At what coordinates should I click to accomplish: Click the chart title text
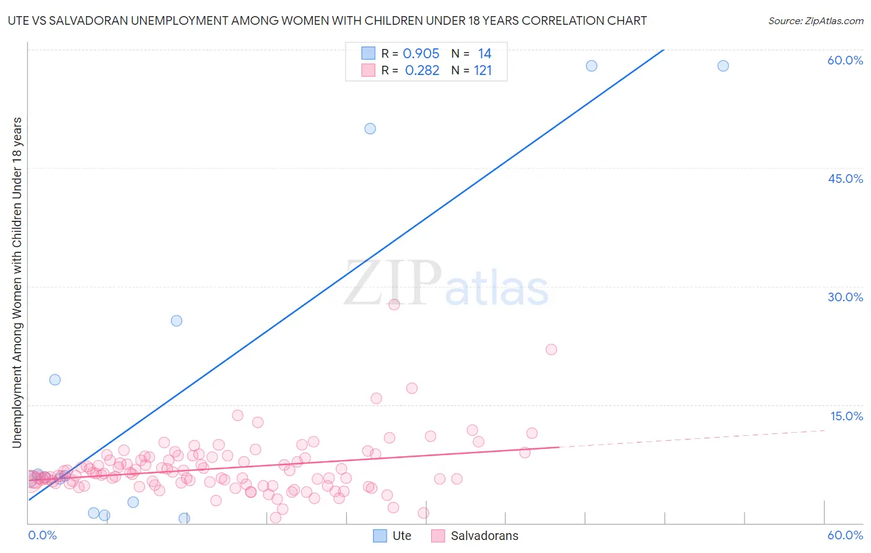[x=327, y=20]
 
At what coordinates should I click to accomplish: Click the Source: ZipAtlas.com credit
[x=815, y=20]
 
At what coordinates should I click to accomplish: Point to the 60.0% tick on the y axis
[x=845, y=60]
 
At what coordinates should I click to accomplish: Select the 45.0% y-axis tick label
[x=845, y=179]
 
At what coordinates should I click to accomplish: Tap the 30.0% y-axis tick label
[x=845, y=297]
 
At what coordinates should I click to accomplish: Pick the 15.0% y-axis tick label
[x=846, y=416]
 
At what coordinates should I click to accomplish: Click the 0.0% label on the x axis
[x=42, y=535]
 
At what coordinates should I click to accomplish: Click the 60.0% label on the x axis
[x=845, y=535]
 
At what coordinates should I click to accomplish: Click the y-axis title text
[x=17, y=282]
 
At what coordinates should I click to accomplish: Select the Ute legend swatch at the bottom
[x=380, y=536]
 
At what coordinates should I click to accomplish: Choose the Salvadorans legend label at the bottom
[x=484, y=536]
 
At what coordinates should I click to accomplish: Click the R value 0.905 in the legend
[x=421, y=54]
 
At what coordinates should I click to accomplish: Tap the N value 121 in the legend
[x=483, y=71]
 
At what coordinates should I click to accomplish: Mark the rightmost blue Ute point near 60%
[x=723, y=66]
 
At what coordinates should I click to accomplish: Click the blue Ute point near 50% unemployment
[x=370, y=129]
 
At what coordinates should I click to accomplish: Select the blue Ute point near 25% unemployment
[x=177, y=321]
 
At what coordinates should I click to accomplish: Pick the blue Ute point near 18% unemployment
[x=55, y=379]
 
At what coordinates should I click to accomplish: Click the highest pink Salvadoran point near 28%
[x=394, y=304]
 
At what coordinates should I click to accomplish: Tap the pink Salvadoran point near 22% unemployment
[x=551, y=349]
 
